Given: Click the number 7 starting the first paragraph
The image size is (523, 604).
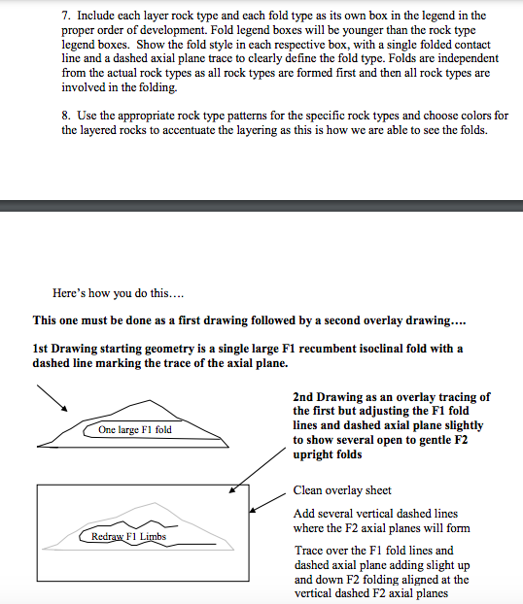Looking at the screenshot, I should [65, 17].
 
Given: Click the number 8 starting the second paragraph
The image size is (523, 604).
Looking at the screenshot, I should [65, 117].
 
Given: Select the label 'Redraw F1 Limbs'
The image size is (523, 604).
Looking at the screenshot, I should [128, 536].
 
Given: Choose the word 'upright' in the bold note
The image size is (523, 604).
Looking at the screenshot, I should [313, 453].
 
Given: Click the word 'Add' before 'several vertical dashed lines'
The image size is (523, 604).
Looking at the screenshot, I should [303, 513].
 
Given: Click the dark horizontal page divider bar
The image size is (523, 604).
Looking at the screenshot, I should [261, 205].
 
